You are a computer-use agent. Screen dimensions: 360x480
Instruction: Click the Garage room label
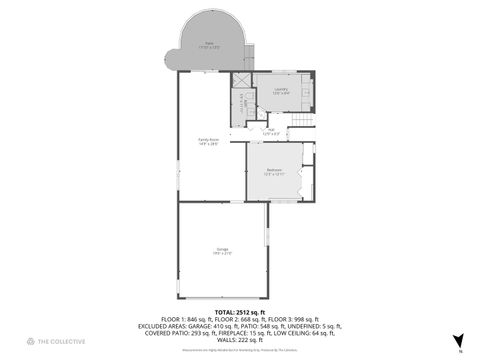(x=222, y=250)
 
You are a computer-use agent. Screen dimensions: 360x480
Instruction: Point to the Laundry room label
(x=280, y=89)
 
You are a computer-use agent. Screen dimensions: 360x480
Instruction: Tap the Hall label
(x=270, y=131)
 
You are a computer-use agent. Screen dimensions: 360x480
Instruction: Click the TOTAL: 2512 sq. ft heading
(x=239, y=310)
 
